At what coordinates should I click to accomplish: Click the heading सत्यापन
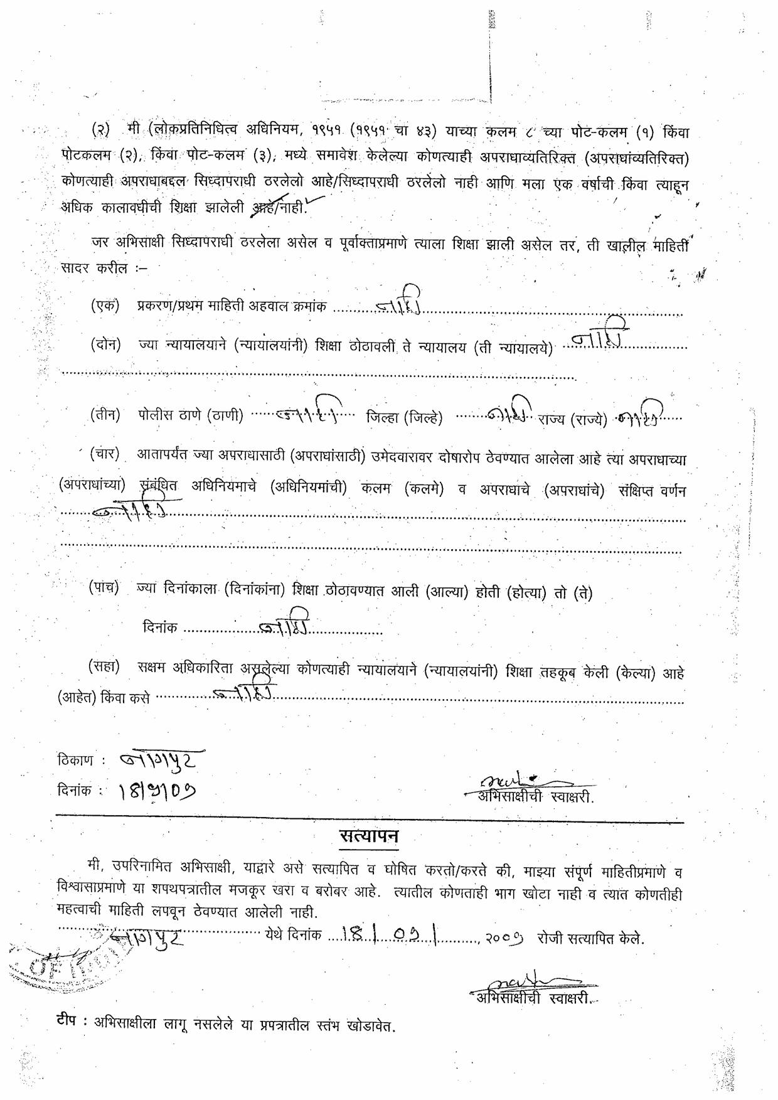click(x=369, y=837)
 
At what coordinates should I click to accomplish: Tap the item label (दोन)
click(x=105, y=344)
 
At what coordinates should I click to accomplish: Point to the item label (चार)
click(x=105, y=455)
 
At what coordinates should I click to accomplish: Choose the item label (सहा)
click(x=104, y=667)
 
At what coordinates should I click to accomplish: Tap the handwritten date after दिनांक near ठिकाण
click(x=156, y=793)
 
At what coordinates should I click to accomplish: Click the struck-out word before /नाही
click(x=263, y=208)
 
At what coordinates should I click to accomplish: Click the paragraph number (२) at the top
click(x=100, y=132)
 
